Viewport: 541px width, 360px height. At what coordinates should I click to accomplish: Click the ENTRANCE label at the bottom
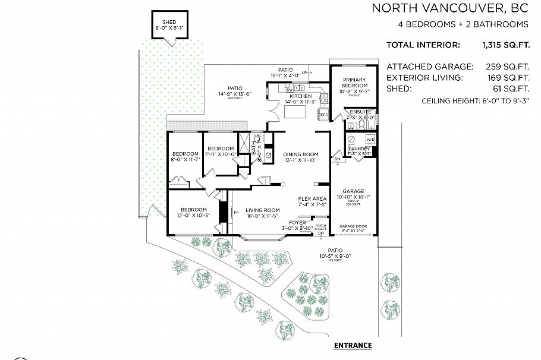[x=353, y=345]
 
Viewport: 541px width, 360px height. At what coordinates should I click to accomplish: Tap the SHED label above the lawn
[x=169, y=22]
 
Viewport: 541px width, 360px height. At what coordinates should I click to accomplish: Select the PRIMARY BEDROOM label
[x=354, y=83]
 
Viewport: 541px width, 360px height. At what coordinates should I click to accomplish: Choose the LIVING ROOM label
[x=263, y=210]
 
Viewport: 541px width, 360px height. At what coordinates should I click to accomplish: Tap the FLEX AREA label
[x=313, y=199]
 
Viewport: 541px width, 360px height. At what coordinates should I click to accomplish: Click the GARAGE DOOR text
[x=353, y=226]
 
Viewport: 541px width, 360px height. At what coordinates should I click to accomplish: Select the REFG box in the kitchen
[x=323, y=114]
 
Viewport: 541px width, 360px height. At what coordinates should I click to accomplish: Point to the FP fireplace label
[x=236, y=212]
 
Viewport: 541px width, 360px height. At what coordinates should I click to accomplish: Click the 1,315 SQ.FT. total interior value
[x=505, y=45]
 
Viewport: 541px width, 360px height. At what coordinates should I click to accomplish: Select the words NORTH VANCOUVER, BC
[x=449, y=8]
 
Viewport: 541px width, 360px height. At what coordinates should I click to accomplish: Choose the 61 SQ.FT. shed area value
[x=508, y=88]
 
